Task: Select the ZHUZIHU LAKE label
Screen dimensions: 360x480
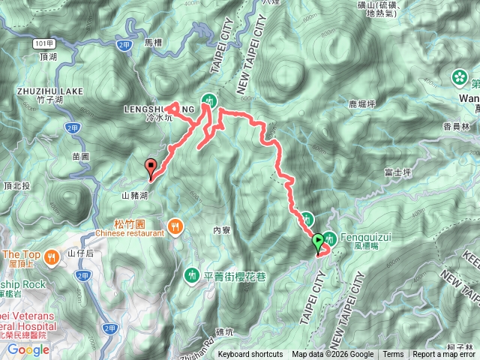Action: [x=49, y=91]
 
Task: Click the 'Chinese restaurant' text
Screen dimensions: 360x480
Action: [x=129, y=233]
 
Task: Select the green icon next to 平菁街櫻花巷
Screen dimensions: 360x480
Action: [x=192, y=274]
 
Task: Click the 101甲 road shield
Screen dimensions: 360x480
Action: [x=43, y=44]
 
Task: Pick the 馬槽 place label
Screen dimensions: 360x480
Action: [x=151, y=43]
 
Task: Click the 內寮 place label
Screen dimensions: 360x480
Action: [x=221, y=230]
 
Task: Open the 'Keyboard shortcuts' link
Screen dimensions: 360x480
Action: [x=250, y=355]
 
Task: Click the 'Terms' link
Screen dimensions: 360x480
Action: [x=393, y=355]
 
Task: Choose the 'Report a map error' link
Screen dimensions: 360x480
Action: [x=445, y=355]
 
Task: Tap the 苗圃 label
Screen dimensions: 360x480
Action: [x=81, y=156]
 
